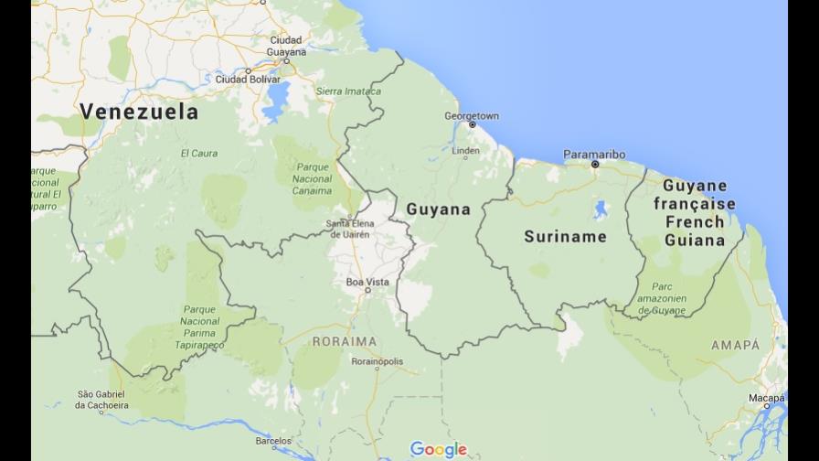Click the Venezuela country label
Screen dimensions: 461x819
(139, 113)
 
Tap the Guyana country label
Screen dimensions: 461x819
(438, 209)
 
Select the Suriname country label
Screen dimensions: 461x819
(565, 237)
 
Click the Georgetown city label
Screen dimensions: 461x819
(472, 116)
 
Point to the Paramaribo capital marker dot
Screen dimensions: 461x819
(594, 165)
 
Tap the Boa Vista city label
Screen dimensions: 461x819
(367, 282)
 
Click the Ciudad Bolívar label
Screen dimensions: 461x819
(246, 80)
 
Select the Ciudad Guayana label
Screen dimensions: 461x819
(286, 46)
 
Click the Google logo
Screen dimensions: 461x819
(439, 449)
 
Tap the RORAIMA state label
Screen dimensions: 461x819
(344, 341)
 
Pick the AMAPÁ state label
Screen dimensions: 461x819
(735, 345)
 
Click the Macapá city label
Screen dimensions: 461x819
(766, 398)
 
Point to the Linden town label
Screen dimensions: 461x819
(465, 151)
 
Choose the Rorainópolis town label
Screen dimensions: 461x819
(377, 361)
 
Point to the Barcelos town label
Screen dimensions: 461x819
(273, 441)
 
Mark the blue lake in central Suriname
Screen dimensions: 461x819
(601, 210)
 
